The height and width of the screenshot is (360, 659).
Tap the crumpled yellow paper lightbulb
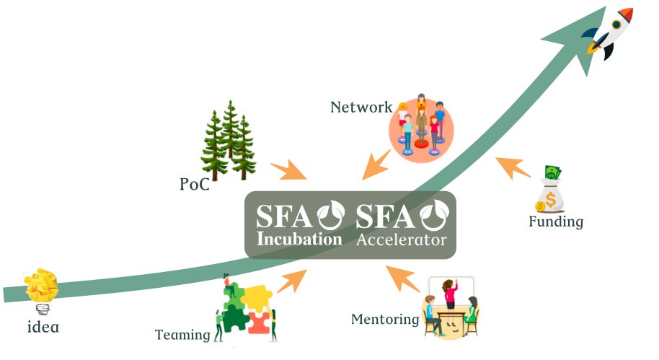[42, 287]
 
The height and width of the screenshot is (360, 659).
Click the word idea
[43, 326]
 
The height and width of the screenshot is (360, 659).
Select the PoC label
[195, 185]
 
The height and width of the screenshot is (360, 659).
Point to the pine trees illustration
[229, 141]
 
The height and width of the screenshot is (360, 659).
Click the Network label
[361, 107]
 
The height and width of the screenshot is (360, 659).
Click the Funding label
[556, 221]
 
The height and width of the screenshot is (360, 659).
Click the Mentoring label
[385, 319]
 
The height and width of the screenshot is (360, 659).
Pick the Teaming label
[182, 335]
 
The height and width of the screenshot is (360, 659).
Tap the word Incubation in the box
[300, 239]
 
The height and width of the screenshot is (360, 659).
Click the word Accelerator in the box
[402, 240]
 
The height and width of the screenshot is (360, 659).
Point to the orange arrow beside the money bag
[513, 167]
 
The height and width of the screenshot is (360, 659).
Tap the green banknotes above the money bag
[552, 173]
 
